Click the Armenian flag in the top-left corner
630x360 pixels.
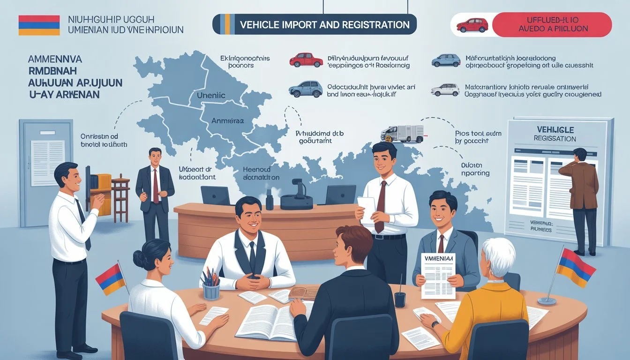pos(39,25)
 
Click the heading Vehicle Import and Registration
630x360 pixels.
pos(324,24)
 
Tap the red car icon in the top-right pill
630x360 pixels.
pos(472,25)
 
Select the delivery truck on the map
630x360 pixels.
pos(402,134)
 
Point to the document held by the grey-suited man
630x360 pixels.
pos(438,275)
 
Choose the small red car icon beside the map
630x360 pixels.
pos(306,60)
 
